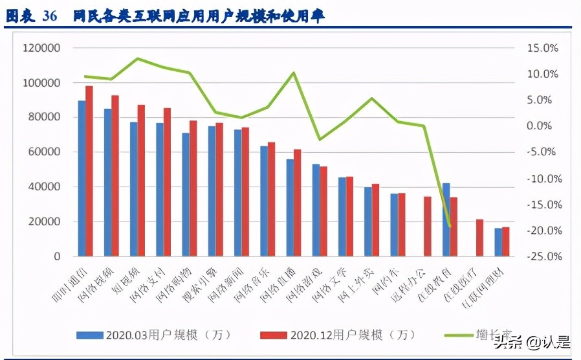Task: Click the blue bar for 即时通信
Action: coord(82,178)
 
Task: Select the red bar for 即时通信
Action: coord(89,171)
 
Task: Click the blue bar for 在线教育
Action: coord(446,219)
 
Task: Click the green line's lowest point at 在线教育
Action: coord(449,226)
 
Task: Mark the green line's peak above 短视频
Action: coord(137,58)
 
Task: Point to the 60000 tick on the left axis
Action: coord(44,152)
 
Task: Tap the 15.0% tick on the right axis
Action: coord(542,48)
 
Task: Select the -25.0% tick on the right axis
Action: coord(541,256)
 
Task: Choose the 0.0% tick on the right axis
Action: coord(543,126)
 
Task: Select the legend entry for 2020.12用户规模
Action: coord(337,335)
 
